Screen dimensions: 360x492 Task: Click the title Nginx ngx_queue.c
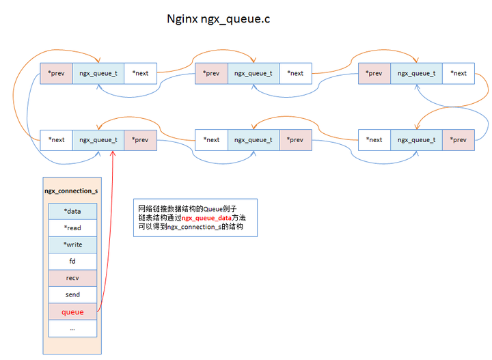coord(219,18)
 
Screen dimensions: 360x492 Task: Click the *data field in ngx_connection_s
coord(72,212)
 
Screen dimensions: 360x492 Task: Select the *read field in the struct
coord(72,228)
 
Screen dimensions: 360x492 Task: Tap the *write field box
coord(72,245)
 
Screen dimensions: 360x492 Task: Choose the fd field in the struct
coord(72,262)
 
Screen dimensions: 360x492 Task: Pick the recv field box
coord(72,278)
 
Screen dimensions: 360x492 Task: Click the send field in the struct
coord(72,295)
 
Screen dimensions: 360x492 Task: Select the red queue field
coord(72,312)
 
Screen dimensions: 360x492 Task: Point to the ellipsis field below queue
coord(72,329)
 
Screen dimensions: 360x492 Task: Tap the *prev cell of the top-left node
coord(56,73)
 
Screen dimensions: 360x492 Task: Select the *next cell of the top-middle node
coord(295,73)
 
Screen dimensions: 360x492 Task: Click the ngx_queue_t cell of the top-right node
coord(416,73)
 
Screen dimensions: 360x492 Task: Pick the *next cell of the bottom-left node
coord(56,140)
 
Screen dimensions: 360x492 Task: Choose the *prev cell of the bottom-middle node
coord(295,140)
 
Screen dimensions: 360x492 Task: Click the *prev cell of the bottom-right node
coord(459,140)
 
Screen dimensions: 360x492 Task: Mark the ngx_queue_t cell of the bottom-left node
coord(98,140)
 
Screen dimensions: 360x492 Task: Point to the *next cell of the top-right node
coord(459,73)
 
